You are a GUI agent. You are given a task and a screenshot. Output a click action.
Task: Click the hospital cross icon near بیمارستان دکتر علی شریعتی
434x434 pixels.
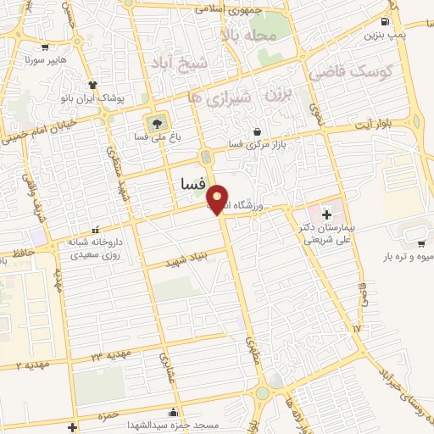327,207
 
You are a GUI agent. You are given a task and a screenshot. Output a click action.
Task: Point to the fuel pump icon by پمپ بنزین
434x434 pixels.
386,21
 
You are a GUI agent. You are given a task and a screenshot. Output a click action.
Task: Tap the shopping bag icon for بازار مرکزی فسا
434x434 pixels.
257,131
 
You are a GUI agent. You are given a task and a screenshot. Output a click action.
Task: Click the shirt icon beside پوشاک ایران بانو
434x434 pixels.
92,85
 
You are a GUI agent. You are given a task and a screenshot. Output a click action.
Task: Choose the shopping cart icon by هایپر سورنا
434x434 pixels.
44,47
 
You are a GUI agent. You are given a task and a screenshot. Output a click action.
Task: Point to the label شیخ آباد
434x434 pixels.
179,62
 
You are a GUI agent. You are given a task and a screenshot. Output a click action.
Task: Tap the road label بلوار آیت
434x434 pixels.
392,126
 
